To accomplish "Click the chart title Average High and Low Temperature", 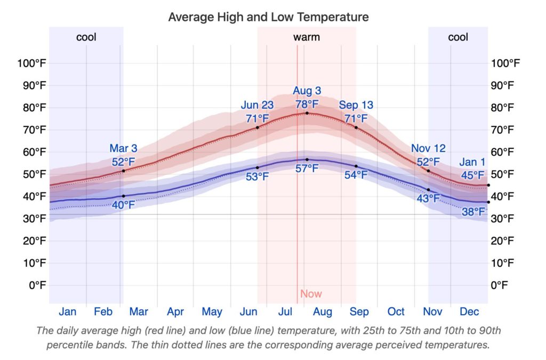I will point(268,17).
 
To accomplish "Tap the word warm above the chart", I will point(307,37).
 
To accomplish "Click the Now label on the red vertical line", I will point(311,294).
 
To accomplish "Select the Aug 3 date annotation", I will point(307,91).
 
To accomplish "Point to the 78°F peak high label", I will point(307,104).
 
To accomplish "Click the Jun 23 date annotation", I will point(258,105).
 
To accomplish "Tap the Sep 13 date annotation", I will point(356,105).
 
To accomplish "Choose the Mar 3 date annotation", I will point(124,148).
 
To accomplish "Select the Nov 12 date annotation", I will point(428,148).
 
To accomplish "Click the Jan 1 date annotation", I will point(473,162).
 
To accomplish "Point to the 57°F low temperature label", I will point(307,169).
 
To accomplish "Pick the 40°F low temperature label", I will point(124,204).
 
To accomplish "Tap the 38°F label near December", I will point(473,212).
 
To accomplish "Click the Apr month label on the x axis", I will point(175,312).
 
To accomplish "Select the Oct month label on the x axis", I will point(396,312).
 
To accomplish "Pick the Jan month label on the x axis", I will point(68,312).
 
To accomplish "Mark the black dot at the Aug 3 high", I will point(307,113).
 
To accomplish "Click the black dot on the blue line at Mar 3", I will point(124,196).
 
